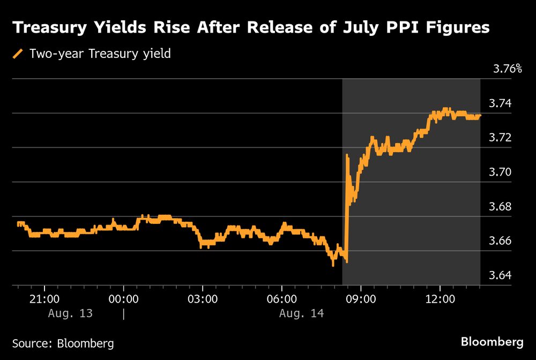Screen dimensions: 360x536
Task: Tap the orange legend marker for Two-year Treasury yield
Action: pyautogui.click(x=19, y=54)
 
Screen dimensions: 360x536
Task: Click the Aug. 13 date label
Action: pyautogui.click(x=70, y=313)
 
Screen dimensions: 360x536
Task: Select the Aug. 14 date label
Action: pyautogui.click(x=301, y=313)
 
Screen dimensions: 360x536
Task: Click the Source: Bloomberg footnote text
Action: pyautogui.click(x=63, y=343)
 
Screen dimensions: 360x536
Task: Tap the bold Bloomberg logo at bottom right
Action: pyautogui.click(x=492, y=342)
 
